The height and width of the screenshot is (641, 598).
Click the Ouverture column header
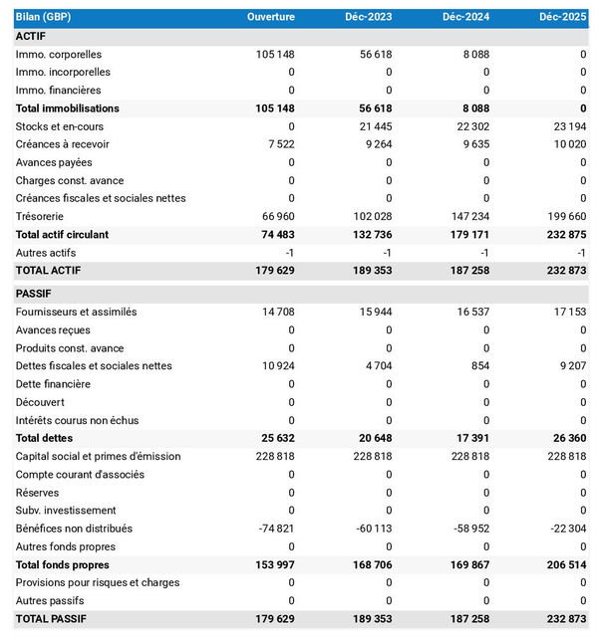(271, 18)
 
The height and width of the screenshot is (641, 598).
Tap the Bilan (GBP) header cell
(44, 18)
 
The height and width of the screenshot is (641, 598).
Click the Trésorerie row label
(43, 216)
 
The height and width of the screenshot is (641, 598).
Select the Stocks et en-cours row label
(60, 126)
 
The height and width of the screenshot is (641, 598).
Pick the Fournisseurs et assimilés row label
(76, 312)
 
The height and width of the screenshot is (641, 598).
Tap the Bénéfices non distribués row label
(74, 529)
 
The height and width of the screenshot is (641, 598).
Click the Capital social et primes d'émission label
(99, 456)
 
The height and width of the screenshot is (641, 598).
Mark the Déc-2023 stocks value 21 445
(373, 126)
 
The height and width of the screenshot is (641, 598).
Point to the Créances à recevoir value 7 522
(278, 144)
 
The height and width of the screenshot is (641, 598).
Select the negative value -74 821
(274, 529)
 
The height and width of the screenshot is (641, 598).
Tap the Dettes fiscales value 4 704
(376, 365)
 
